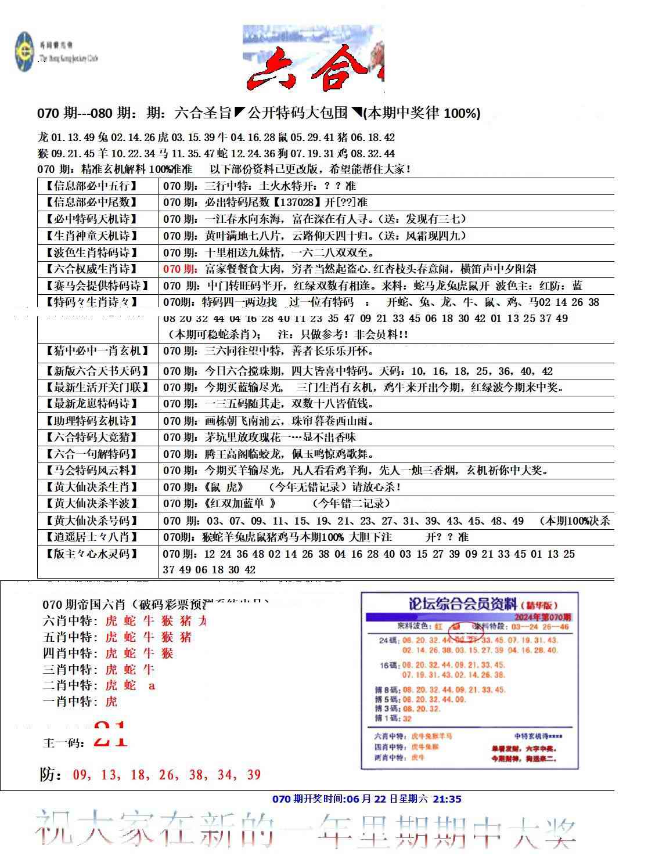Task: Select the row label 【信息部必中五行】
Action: tap(92, 186)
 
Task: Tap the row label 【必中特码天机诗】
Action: tap(92, 219)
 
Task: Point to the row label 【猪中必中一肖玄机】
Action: tap(96, 351)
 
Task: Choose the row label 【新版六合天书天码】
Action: tap(96, 371)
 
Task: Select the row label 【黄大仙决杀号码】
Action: tap(92, 521)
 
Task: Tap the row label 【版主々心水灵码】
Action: tap(92, 554)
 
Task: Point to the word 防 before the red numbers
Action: tap(49, 774)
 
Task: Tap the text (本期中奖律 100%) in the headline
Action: tap(421, 114)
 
